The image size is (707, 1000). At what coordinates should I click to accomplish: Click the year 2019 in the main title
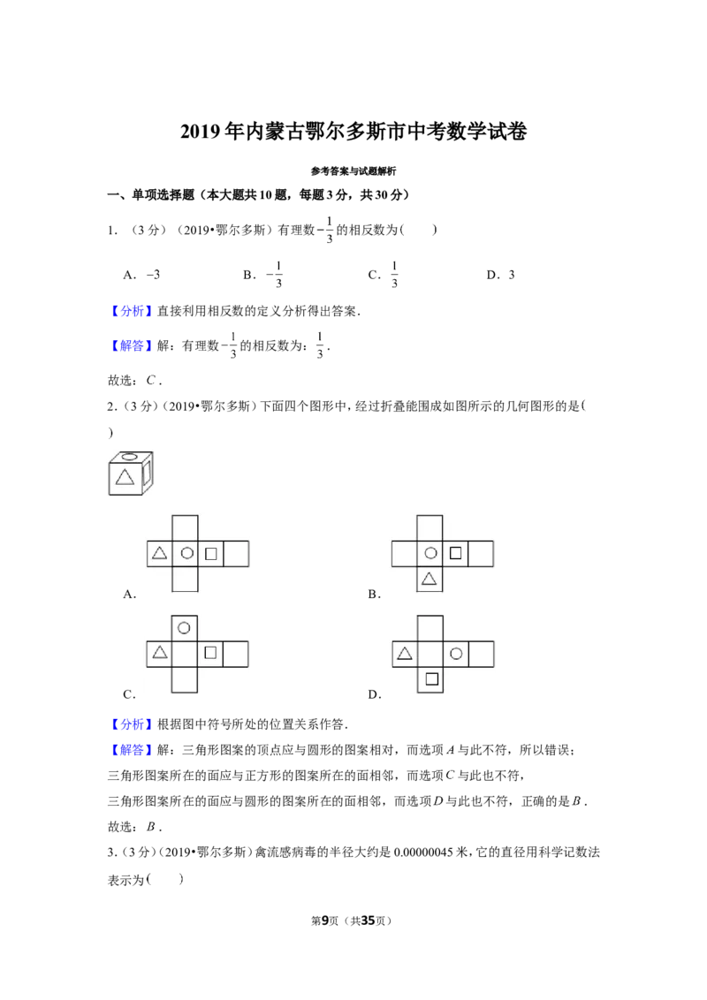[x=200, y=132]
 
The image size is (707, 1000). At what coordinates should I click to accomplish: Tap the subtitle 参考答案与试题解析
[x=353, y=170]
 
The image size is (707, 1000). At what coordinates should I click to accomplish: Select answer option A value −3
[x=153, y=275]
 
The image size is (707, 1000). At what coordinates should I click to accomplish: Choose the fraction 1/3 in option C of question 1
[x=394, y=274]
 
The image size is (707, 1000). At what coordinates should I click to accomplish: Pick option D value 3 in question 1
[x=511, y=275]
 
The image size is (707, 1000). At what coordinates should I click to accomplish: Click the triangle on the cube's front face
[x=125, y=477]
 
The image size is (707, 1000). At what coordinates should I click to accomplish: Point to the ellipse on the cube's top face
[x=130, y=456]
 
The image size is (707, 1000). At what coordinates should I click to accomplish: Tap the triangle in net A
[x=160, y=552]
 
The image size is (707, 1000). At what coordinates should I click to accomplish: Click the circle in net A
[x=186, y=553]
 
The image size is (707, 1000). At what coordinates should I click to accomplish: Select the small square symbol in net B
[x=456, y=553]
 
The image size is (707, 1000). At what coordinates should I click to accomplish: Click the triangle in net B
[x=430, y=579]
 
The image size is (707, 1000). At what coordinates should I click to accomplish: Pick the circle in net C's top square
[x=185, y=628]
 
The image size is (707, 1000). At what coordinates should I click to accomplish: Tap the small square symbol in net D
[x=432, y=679]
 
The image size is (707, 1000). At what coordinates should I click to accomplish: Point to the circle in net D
[x=456, y=654]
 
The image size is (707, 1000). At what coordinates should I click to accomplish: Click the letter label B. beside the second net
[x=375, y=595]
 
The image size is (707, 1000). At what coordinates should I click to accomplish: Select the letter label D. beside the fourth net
[x=375, y=694]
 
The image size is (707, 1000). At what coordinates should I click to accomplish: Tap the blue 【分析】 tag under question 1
[x=130, y=311]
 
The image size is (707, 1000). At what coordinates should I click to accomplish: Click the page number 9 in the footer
[x=325, y=920]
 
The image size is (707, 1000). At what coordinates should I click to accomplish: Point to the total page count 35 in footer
[x=368, y=920]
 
